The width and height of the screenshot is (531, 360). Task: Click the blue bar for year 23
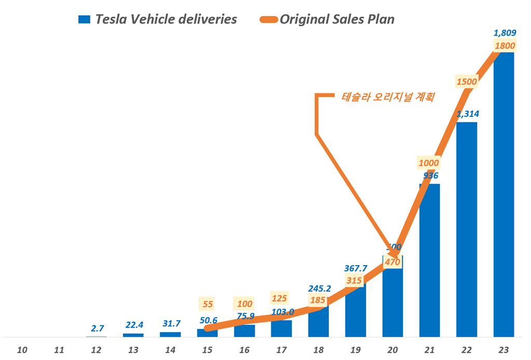click(x=504, y=197)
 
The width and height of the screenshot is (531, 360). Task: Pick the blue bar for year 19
click(x=355, y=311)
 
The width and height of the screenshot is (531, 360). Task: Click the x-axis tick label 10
click(x=22, y=350)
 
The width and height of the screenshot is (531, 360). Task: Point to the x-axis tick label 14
click(x=170, y=350)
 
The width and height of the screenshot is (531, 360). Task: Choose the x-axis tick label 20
click(x=393, y=350)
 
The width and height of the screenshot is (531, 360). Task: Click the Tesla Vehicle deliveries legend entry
click(x=158, y=20)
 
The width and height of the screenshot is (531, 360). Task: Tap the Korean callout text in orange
click(x=388, y=96)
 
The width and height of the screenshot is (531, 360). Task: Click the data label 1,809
click(x=504, y=33)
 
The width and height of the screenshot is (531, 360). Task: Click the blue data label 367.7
click(x=356, y=268)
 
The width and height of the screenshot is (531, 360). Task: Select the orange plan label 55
click(x=207, y=304)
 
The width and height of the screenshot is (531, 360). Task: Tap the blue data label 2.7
click(x=96, y=328)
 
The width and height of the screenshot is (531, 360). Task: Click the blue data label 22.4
click(x=133, y=325)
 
